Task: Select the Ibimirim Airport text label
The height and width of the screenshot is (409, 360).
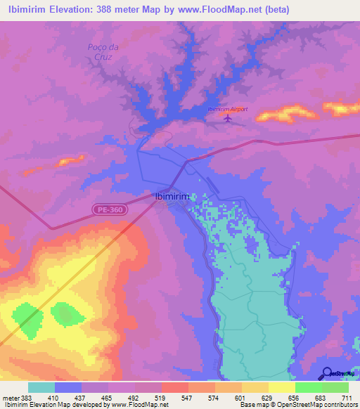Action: point(226,109)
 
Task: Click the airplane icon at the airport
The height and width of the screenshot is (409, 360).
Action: point(226,117)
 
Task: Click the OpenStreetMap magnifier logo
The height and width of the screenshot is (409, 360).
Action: point(326,373)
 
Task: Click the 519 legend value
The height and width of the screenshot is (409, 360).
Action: point(161,397)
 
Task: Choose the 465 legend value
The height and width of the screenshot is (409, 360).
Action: point(108,397)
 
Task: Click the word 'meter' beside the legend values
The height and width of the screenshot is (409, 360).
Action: point(12,397)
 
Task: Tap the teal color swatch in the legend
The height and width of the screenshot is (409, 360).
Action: point(41,387)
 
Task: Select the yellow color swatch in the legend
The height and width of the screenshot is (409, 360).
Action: point(282,387)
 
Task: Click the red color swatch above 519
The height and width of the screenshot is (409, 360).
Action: point(175,387)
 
